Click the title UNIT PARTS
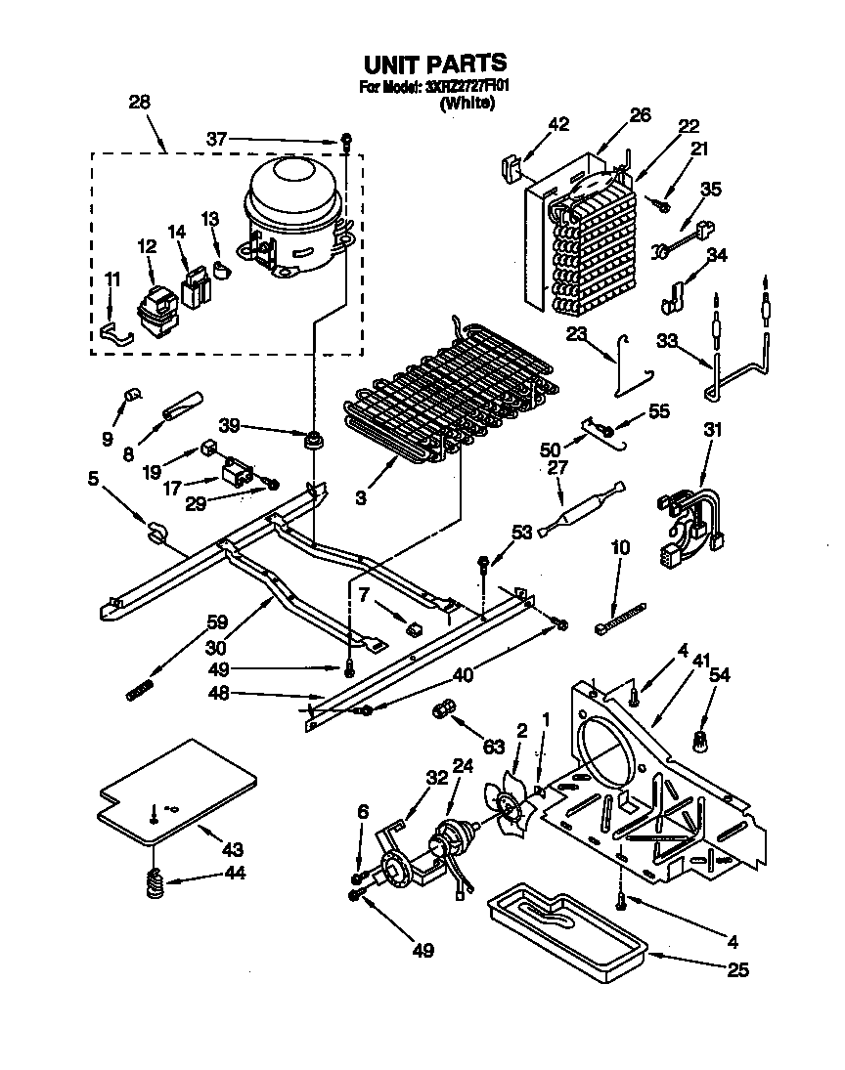tap(435, 64)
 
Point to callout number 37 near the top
tap(218, 140)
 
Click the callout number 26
tap(640, 115)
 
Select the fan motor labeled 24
tap(452, 840)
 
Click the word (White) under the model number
tap(467, 102)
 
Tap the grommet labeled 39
tap(315, 443)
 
